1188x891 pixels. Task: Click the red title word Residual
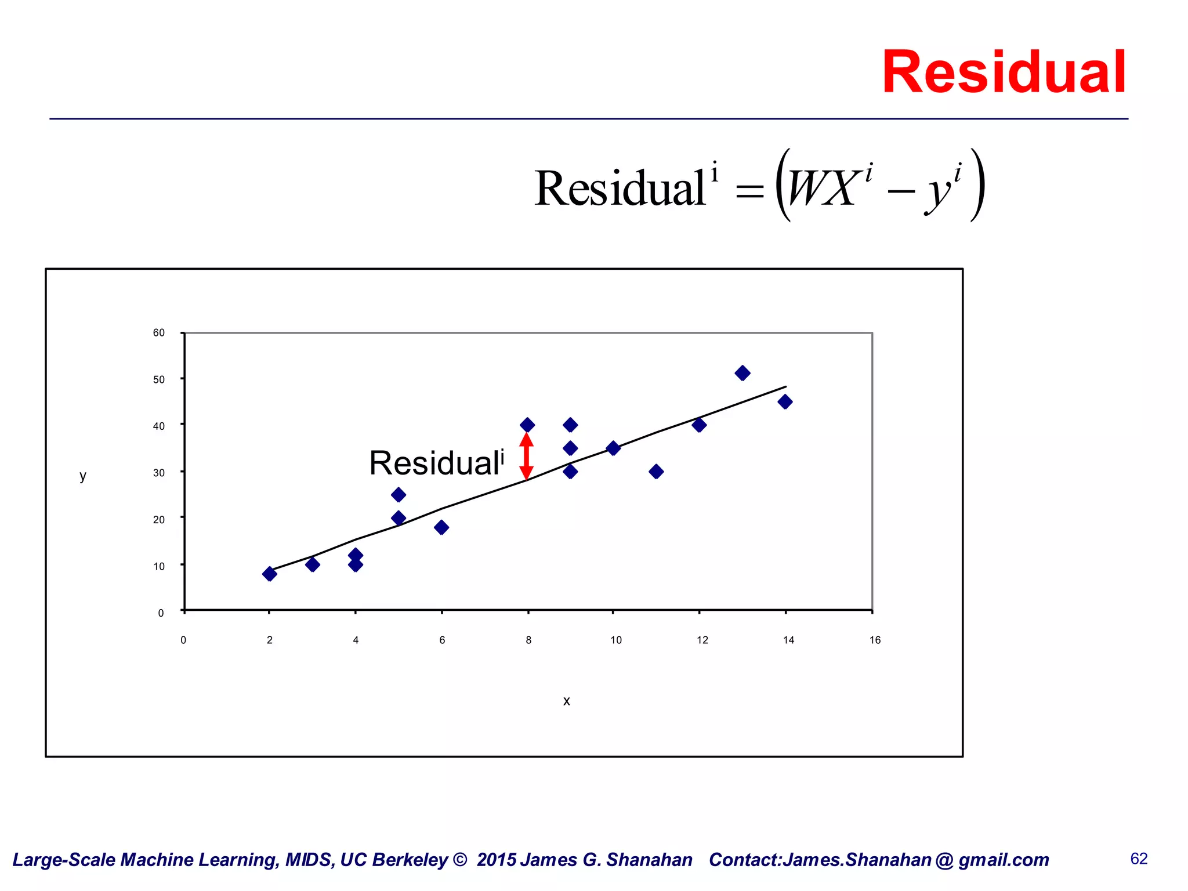coord(1004,73)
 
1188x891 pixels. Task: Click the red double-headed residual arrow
coord(526,457)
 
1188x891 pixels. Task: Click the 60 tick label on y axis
coord(159,332)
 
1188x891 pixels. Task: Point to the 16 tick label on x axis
coord(875,640)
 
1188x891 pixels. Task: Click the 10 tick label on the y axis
coord(159,566)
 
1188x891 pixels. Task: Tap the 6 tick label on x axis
coord(442,640)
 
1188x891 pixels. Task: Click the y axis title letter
coord(83,476)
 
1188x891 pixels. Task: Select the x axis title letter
coord(567,701)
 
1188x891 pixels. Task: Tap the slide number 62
coord(1139,859)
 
